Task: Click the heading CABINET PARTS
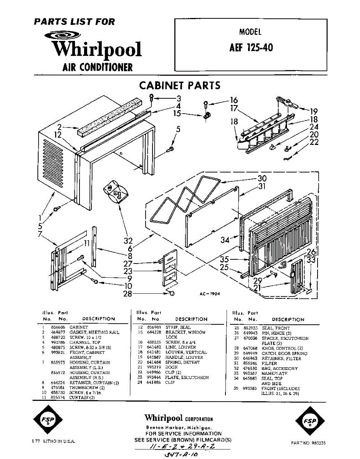(180, 85)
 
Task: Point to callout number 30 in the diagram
(262, 178)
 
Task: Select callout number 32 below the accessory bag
(128, 241)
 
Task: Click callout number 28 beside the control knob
(128, 294)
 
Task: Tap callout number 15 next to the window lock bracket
(177, 113)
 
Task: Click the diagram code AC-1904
(210, 294)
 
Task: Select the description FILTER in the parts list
(269, 363)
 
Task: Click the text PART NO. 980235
(308, 443)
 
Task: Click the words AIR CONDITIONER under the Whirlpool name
(97, 67)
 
